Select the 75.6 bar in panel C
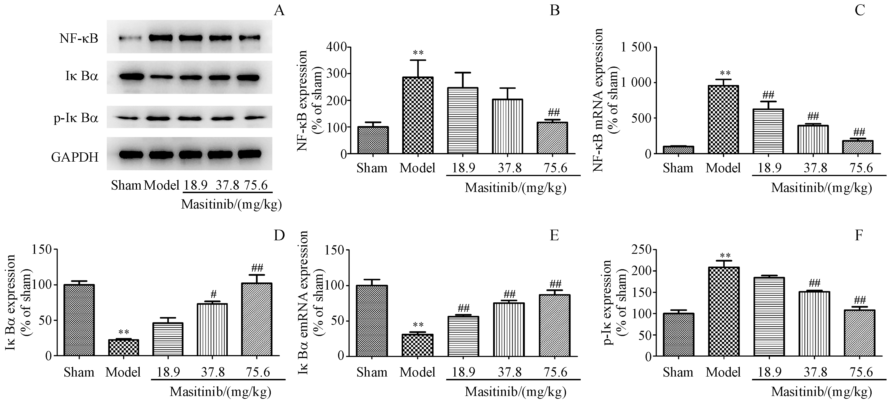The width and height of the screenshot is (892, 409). [x=857, y=147]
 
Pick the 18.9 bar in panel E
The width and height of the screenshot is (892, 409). [x=463, y=336]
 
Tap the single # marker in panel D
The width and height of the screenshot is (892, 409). [x=213, y=295]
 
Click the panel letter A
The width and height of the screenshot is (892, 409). [x=279, y=11]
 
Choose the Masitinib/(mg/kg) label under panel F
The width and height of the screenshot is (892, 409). [x=821, y=392]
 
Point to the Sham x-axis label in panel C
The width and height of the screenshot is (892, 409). [x=678, y=168]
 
